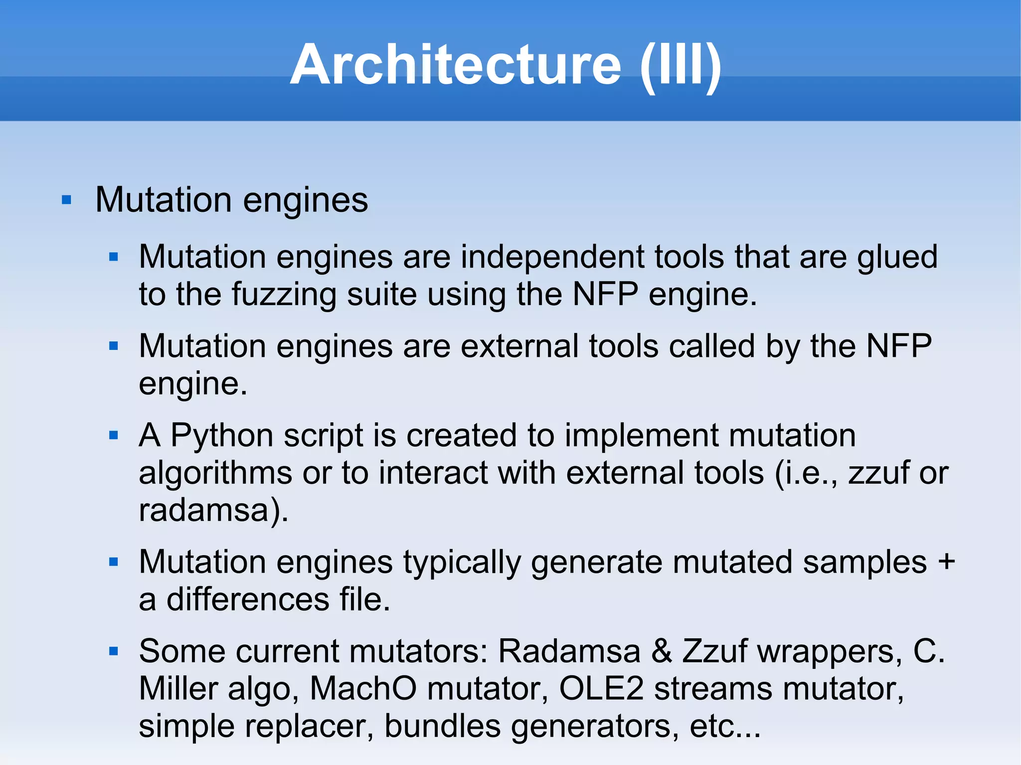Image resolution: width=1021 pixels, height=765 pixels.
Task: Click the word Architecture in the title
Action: click(455, 65)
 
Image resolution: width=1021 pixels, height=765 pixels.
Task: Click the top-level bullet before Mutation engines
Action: click(66, 200)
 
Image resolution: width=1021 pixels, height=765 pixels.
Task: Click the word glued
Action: click(897, 257)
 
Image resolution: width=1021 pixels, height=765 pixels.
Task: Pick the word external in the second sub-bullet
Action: click(519, 346)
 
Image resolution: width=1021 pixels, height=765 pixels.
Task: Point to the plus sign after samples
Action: click(946, 562)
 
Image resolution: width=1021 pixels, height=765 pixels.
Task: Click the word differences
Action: click(248, 599)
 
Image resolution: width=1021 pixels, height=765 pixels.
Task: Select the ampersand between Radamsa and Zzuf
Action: click(661, 651)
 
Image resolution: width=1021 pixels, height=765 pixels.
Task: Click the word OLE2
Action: click(601, 689)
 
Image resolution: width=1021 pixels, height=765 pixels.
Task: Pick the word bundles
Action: click(443, 726)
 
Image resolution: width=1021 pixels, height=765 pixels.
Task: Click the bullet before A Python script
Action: click(114, 436)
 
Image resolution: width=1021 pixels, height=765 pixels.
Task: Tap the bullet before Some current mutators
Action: click(114, 651)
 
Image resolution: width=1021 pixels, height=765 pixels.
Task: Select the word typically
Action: click(462, 562)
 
